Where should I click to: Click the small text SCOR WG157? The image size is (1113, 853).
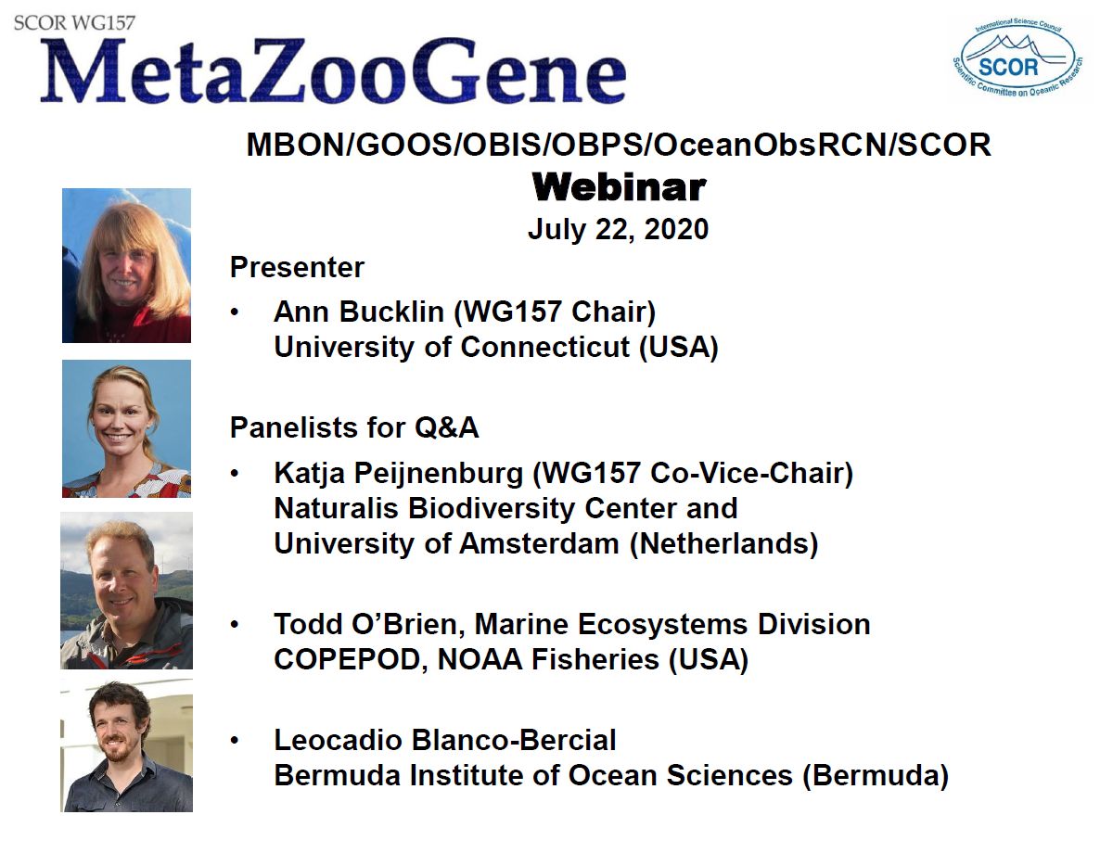click(x=74, y=21)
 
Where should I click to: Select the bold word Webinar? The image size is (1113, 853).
click(x=619, y=187)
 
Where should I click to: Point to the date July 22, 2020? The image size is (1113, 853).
click(x=618, y=229)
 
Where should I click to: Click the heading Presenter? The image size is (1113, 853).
click(x=297, y=268)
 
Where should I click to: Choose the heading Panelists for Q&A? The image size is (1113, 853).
click(x=354, y=427)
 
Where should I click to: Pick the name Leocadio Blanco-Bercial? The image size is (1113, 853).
click(x=444, y=740)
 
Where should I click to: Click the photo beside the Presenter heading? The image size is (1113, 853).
click(x=126, y=265)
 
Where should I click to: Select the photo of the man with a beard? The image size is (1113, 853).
click(x=126, y=745)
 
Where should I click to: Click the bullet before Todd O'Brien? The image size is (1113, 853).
click(x=237, y=626)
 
